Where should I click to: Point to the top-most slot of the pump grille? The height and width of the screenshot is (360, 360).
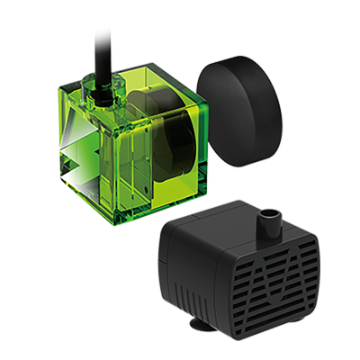[x=284, y=243]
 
